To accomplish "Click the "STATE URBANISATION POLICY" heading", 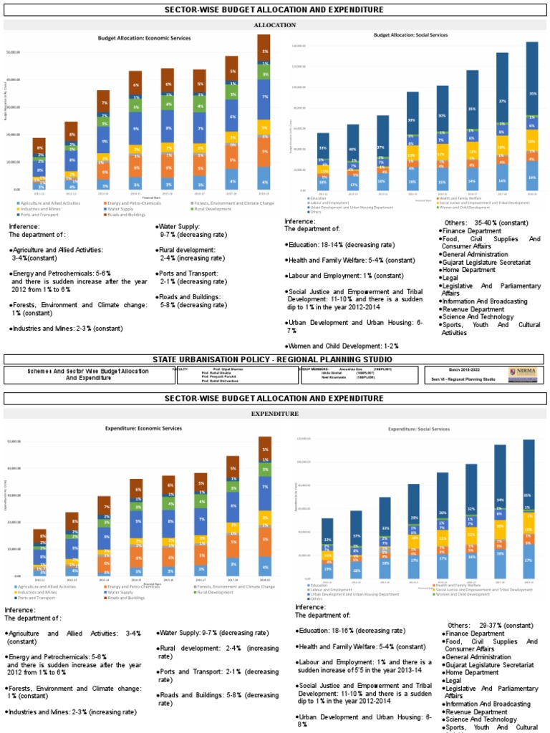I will pyautogui.click(x=274, y=359).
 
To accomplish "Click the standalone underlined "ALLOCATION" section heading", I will pyautogui.click(x=275, y=25).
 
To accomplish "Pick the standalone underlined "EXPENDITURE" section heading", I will pyautogui.click(x=275, y=414).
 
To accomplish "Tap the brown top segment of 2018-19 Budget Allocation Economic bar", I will pyautogui.click(x=265, y=52).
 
